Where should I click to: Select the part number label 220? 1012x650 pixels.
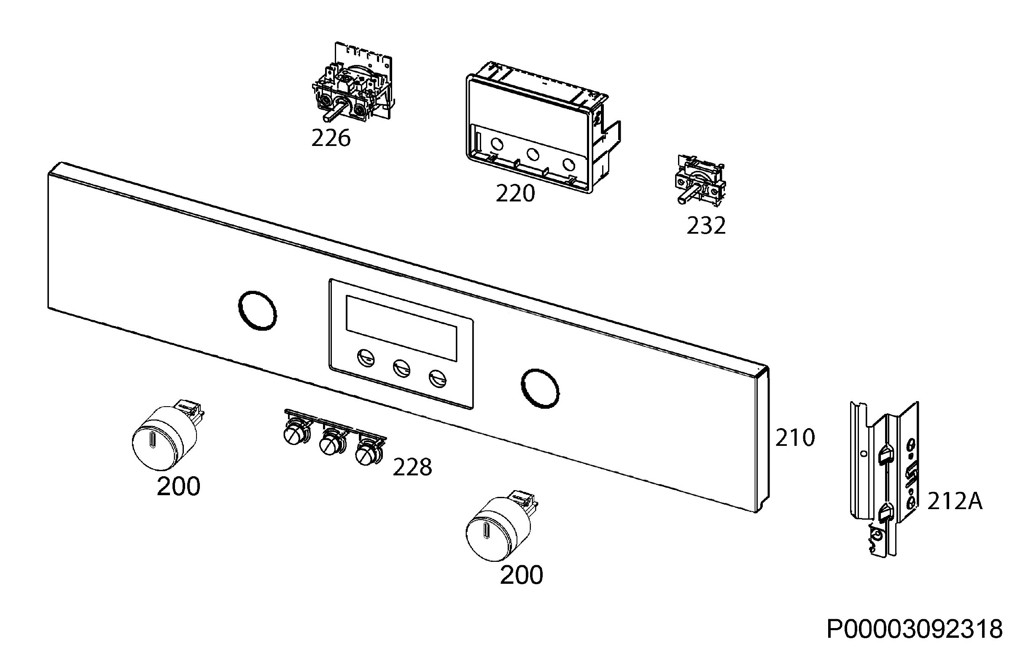[x=515, y=193]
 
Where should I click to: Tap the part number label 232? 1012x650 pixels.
[x=706, y=225]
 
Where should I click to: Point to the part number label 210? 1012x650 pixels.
[x=795, y=438]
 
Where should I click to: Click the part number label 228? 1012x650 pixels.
[x=412, y=467]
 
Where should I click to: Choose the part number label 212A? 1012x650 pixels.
[x=955, y=502]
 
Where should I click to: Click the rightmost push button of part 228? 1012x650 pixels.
[x=368, y=453]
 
